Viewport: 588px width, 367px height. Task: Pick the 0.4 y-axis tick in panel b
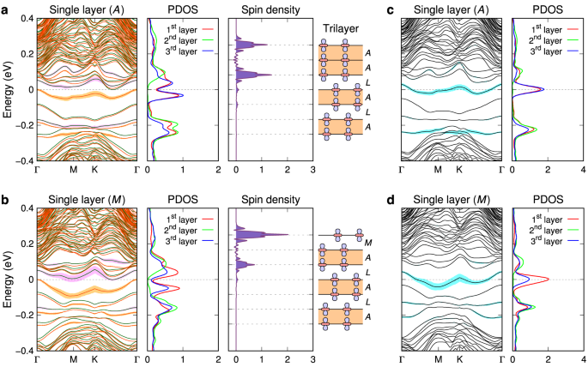[x=25, y=209]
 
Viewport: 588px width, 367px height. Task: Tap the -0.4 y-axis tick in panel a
[x=23, y=160]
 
